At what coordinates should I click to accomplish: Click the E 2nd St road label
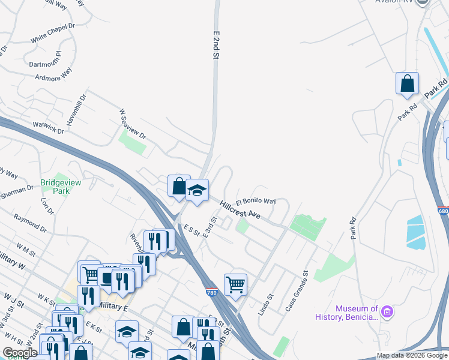coord(214,45)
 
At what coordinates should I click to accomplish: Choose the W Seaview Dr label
coord(133,124)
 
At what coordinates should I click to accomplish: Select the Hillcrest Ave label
coord(240,209)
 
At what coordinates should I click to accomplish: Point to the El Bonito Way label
coord(256,202)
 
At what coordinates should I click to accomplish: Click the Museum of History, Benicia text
coord(357,313)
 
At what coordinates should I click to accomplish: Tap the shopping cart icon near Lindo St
coord(235,284)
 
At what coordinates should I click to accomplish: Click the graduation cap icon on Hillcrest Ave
coord(196,190)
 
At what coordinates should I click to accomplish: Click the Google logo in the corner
coord(20,353)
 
